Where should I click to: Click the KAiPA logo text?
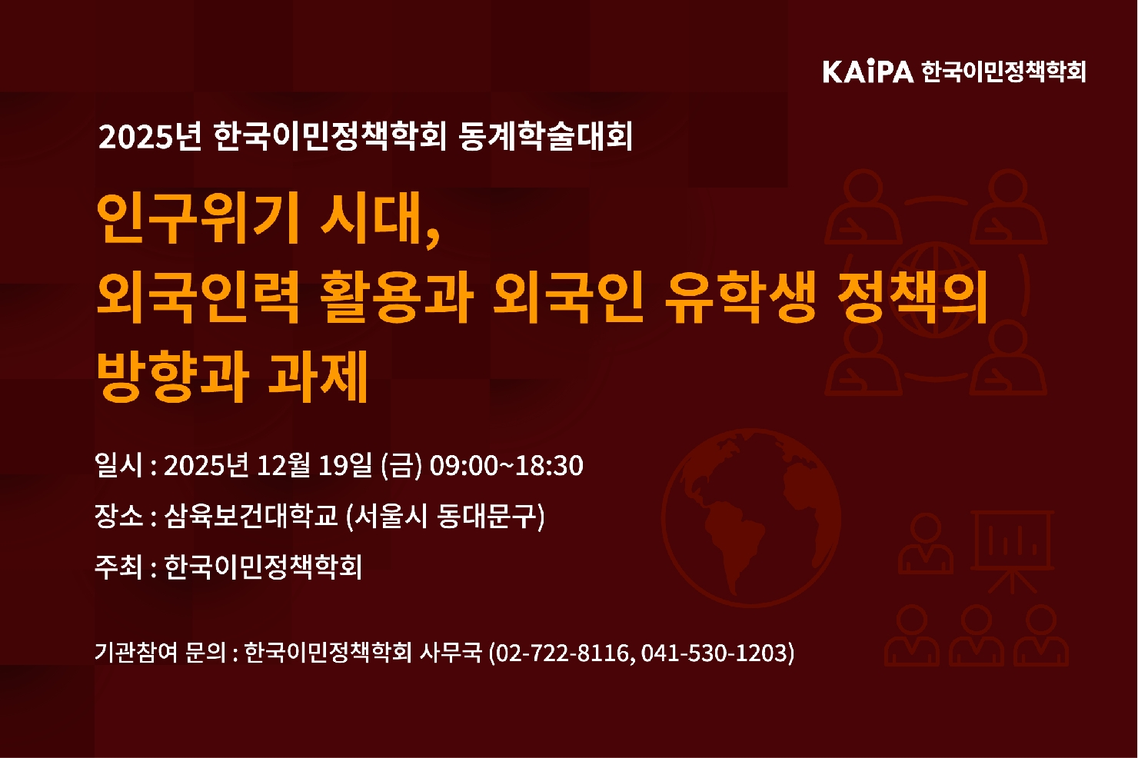coord(868,71)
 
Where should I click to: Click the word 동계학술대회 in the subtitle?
coord(546,137)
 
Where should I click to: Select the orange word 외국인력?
coord(198,298)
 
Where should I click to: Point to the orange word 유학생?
coord(740,298)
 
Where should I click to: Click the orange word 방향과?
coord(173,376)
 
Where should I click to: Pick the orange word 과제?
coord(318,376)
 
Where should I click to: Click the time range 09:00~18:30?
coord(507,465)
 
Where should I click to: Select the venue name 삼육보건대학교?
coord(251,516)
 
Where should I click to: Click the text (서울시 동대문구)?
coord(445,516)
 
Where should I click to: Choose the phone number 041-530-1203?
coord(714,653)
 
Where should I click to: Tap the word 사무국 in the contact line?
coord(451,653)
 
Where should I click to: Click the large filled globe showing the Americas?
coord(751,517)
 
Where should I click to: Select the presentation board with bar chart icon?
coord(1012,552)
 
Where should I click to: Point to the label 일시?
coord(118,465)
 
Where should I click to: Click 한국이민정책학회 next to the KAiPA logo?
coord(1003,71)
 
